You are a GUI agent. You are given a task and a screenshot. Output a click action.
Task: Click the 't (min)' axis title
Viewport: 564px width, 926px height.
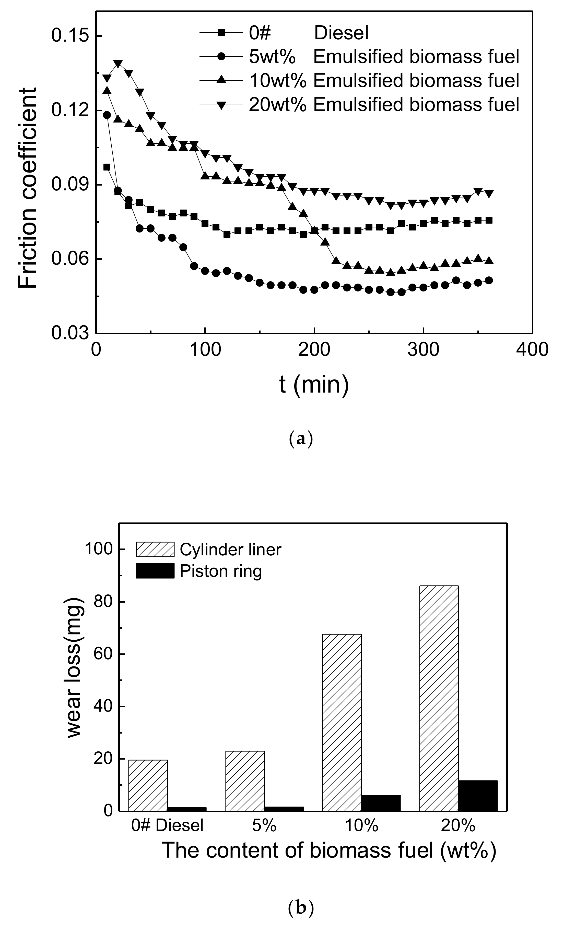(314, 385)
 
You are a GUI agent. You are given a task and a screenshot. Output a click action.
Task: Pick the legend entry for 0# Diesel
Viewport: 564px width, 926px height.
(308, 33)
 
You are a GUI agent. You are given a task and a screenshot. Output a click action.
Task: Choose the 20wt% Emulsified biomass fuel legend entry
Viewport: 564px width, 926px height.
(383, 104)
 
